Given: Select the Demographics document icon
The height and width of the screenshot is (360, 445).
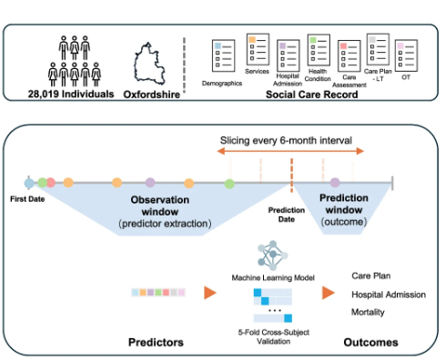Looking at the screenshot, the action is click(x=223, y=55).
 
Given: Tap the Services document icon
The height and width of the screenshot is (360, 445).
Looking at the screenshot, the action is click(x=258, y=49).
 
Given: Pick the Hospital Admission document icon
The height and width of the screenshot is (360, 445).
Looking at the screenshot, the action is click(x=288, y=55).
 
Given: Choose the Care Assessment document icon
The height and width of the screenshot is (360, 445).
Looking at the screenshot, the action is click(x=349, y=56).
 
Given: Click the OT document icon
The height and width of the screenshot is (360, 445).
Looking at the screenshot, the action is click(x=406, y=55).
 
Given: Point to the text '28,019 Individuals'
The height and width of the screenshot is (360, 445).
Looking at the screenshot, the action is click(x=71, y=94).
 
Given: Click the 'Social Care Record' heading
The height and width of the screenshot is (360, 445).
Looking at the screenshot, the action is click(x=312, y=95).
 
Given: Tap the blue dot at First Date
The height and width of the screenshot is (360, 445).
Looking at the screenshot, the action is click(x=29, y=183).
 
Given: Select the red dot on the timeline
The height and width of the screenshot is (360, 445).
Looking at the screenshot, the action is click(x=51, y=183).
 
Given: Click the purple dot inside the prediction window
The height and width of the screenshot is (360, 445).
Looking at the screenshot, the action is click(x=335, y=183).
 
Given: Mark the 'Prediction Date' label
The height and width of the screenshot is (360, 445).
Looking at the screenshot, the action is click(x=287, y=215).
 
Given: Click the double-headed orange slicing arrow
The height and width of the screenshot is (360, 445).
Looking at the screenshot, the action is click(x=290, y=151).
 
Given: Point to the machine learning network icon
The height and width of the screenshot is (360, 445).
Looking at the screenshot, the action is click(x=272, y=255).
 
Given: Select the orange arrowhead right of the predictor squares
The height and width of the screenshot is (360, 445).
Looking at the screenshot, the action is click(x=210, y=293).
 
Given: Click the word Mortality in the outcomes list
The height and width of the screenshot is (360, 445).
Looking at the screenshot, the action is click(x=368, y=312).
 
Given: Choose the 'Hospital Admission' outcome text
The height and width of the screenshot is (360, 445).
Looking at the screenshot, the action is click(x=389, y=295).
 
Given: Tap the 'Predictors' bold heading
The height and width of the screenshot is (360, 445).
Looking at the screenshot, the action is click(x=156, y=342).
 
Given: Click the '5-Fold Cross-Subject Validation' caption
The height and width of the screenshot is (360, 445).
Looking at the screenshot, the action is click(x=274, y=336).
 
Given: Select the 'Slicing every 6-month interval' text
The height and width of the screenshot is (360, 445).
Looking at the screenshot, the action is click(x=286, y=140).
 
